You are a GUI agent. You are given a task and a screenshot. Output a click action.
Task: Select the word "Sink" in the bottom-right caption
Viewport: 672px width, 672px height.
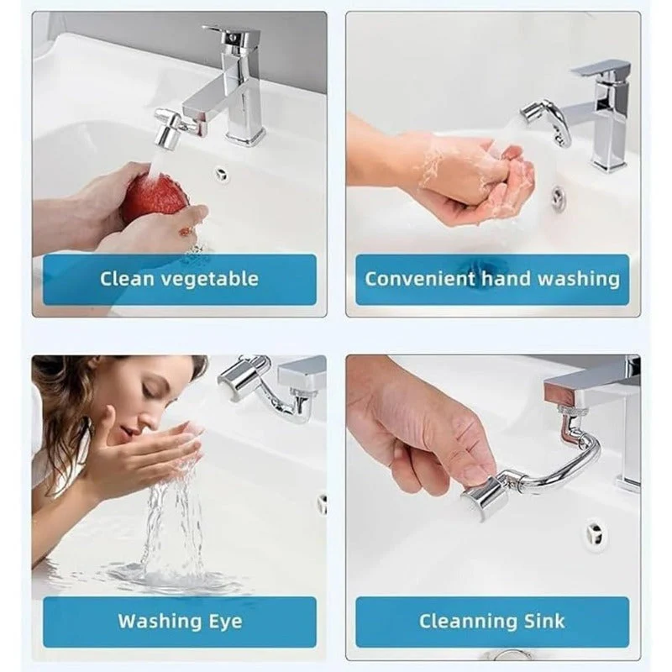coord(545,622)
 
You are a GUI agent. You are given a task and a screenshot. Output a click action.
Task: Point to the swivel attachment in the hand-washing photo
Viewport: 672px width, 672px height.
coord(543,118)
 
